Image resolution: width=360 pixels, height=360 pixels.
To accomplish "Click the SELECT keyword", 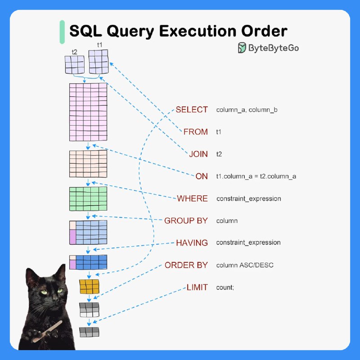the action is click(192, 109).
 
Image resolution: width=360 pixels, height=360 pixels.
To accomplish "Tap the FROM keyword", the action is click(196, 132).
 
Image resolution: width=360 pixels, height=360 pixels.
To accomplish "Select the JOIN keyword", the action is click(198, 154).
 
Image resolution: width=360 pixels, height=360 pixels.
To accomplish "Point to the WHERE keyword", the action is click(193, 198).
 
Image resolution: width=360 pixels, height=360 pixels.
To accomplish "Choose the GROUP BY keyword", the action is click(186, 220).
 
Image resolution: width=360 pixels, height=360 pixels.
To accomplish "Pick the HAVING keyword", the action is click(192, 243).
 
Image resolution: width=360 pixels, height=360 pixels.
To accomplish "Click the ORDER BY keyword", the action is click(186, 265).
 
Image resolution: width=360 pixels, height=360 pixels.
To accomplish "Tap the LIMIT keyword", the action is click(197, 287).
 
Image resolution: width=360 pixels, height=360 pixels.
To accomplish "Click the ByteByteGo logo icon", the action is click(242, 48).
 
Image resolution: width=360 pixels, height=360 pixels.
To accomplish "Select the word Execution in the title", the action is click(198, 31).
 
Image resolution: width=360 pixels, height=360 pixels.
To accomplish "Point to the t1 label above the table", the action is click(99, 45).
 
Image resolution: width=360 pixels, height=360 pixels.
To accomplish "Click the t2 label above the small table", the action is click(74, 52).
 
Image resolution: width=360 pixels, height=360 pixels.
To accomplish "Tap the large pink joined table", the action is click(88, 112).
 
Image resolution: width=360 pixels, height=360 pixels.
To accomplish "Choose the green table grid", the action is click(88, 198).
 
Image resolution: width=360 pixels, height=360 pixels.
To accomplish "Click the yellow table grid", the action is click(89, 286).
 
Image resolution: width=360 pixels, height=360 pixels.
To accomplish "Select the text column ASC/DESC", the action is click(245, 265).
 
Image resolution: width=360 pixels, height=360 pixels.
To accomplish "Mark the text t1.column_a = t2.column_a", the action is click(256, 176).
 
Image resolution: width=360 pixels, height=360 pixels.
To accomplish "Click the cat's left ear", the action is click(31, 275).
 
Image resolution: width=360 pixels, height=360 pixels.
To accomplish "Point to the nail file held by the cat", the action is click(47, 331).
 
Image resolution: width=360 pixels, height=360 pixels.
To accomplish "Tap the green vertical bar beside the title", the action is click(62, 32).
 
